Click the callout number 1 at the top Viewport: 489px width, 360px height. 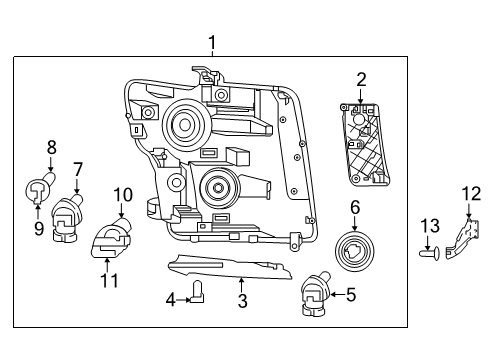point(212,42)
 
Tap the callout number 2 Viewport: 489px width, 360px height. point(361,78)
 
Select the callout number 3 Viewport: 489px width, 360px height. point(240,301)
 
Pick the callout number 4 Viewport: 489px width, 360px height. point(171,298)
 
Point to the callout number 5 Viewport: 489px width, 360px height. point(350,295)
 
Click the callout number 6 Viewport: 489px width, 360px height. point(354,207)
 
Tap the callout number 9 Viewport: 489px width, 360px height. point(39,230)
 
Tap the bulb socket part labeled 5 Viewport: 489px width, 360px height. point(313,293)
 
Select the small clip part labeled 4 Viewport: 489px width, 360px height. point(196,293)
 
